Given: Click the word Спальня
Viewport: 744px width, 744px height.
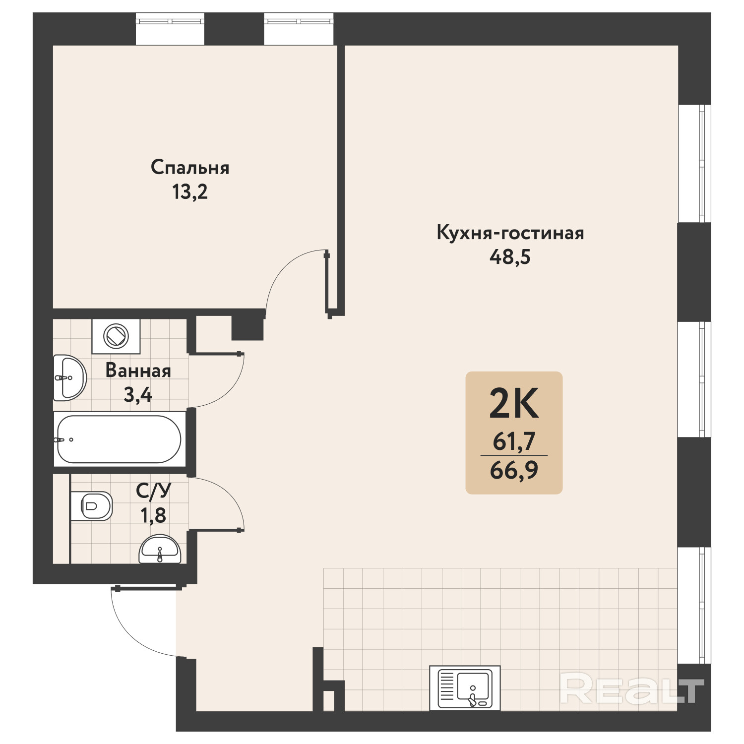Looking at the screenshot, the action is [190, 168].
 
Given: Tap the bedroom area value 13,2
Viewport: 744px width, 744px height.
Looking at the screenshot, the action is [190, 191].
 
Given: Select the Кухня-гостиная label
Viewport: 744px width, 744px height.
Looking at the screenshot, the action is [510, 233].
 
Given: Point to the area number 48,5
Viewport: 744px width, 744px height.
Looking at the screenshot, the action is [510, 257].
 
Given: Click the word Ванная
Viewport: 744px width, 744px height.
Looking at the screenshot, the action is [138, 371].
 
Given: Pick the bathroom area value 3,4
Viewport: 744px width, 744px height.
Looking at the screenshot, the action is [138, 395].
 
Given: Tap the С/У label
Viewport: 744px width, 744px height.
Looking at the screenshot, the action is [154, 491].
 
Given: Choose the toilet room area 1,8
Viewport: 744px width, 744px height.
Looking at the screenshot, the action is [153, 515].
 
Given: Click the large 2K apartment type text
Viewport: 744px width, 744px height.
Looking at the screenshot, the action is [514, 403].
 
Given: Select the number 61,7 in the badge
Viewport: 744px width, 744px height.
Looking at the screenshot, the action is [514, 441].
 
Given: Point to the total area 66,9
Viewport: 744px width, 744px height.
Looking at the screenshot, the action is [514, 470].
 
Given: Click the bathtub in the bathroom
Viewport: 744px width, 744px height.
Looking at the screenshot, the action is [119, 439].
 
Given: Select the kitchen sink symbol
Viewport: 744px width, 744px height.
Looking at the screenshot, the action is [465, 688].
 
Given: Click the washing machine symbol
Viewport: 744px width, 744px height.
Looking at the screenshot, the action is [116, 336].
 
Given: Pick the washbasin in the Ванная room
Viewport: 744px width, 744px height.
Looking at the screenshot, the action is [70, 378].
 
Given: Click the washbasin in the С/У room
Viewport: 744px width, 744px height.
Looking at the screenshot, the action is [160, 549].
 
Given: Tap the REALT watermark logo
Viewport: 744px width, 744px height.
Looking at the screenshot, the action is [632, 687].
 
